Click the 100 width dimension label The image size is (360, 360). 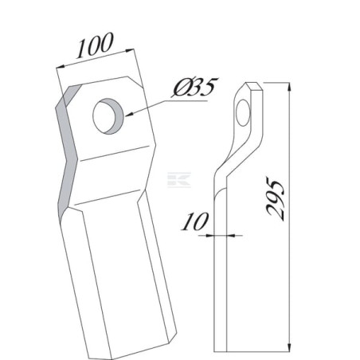coord(95,45)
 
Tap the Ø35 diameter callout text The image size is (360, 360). coord(194,87)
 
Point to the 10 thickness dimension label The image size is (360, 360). coord(194,221)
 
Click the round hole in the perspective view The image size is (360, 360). coord(109,116)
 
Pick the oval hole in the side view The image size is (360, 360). coord(243,112)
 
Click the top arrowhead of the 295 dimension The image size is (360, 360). coord(289,87)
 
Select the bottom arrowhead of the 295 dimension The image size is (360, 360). coord(289,347)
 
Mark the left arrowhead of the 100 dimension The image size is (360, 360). coord(61,67)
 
